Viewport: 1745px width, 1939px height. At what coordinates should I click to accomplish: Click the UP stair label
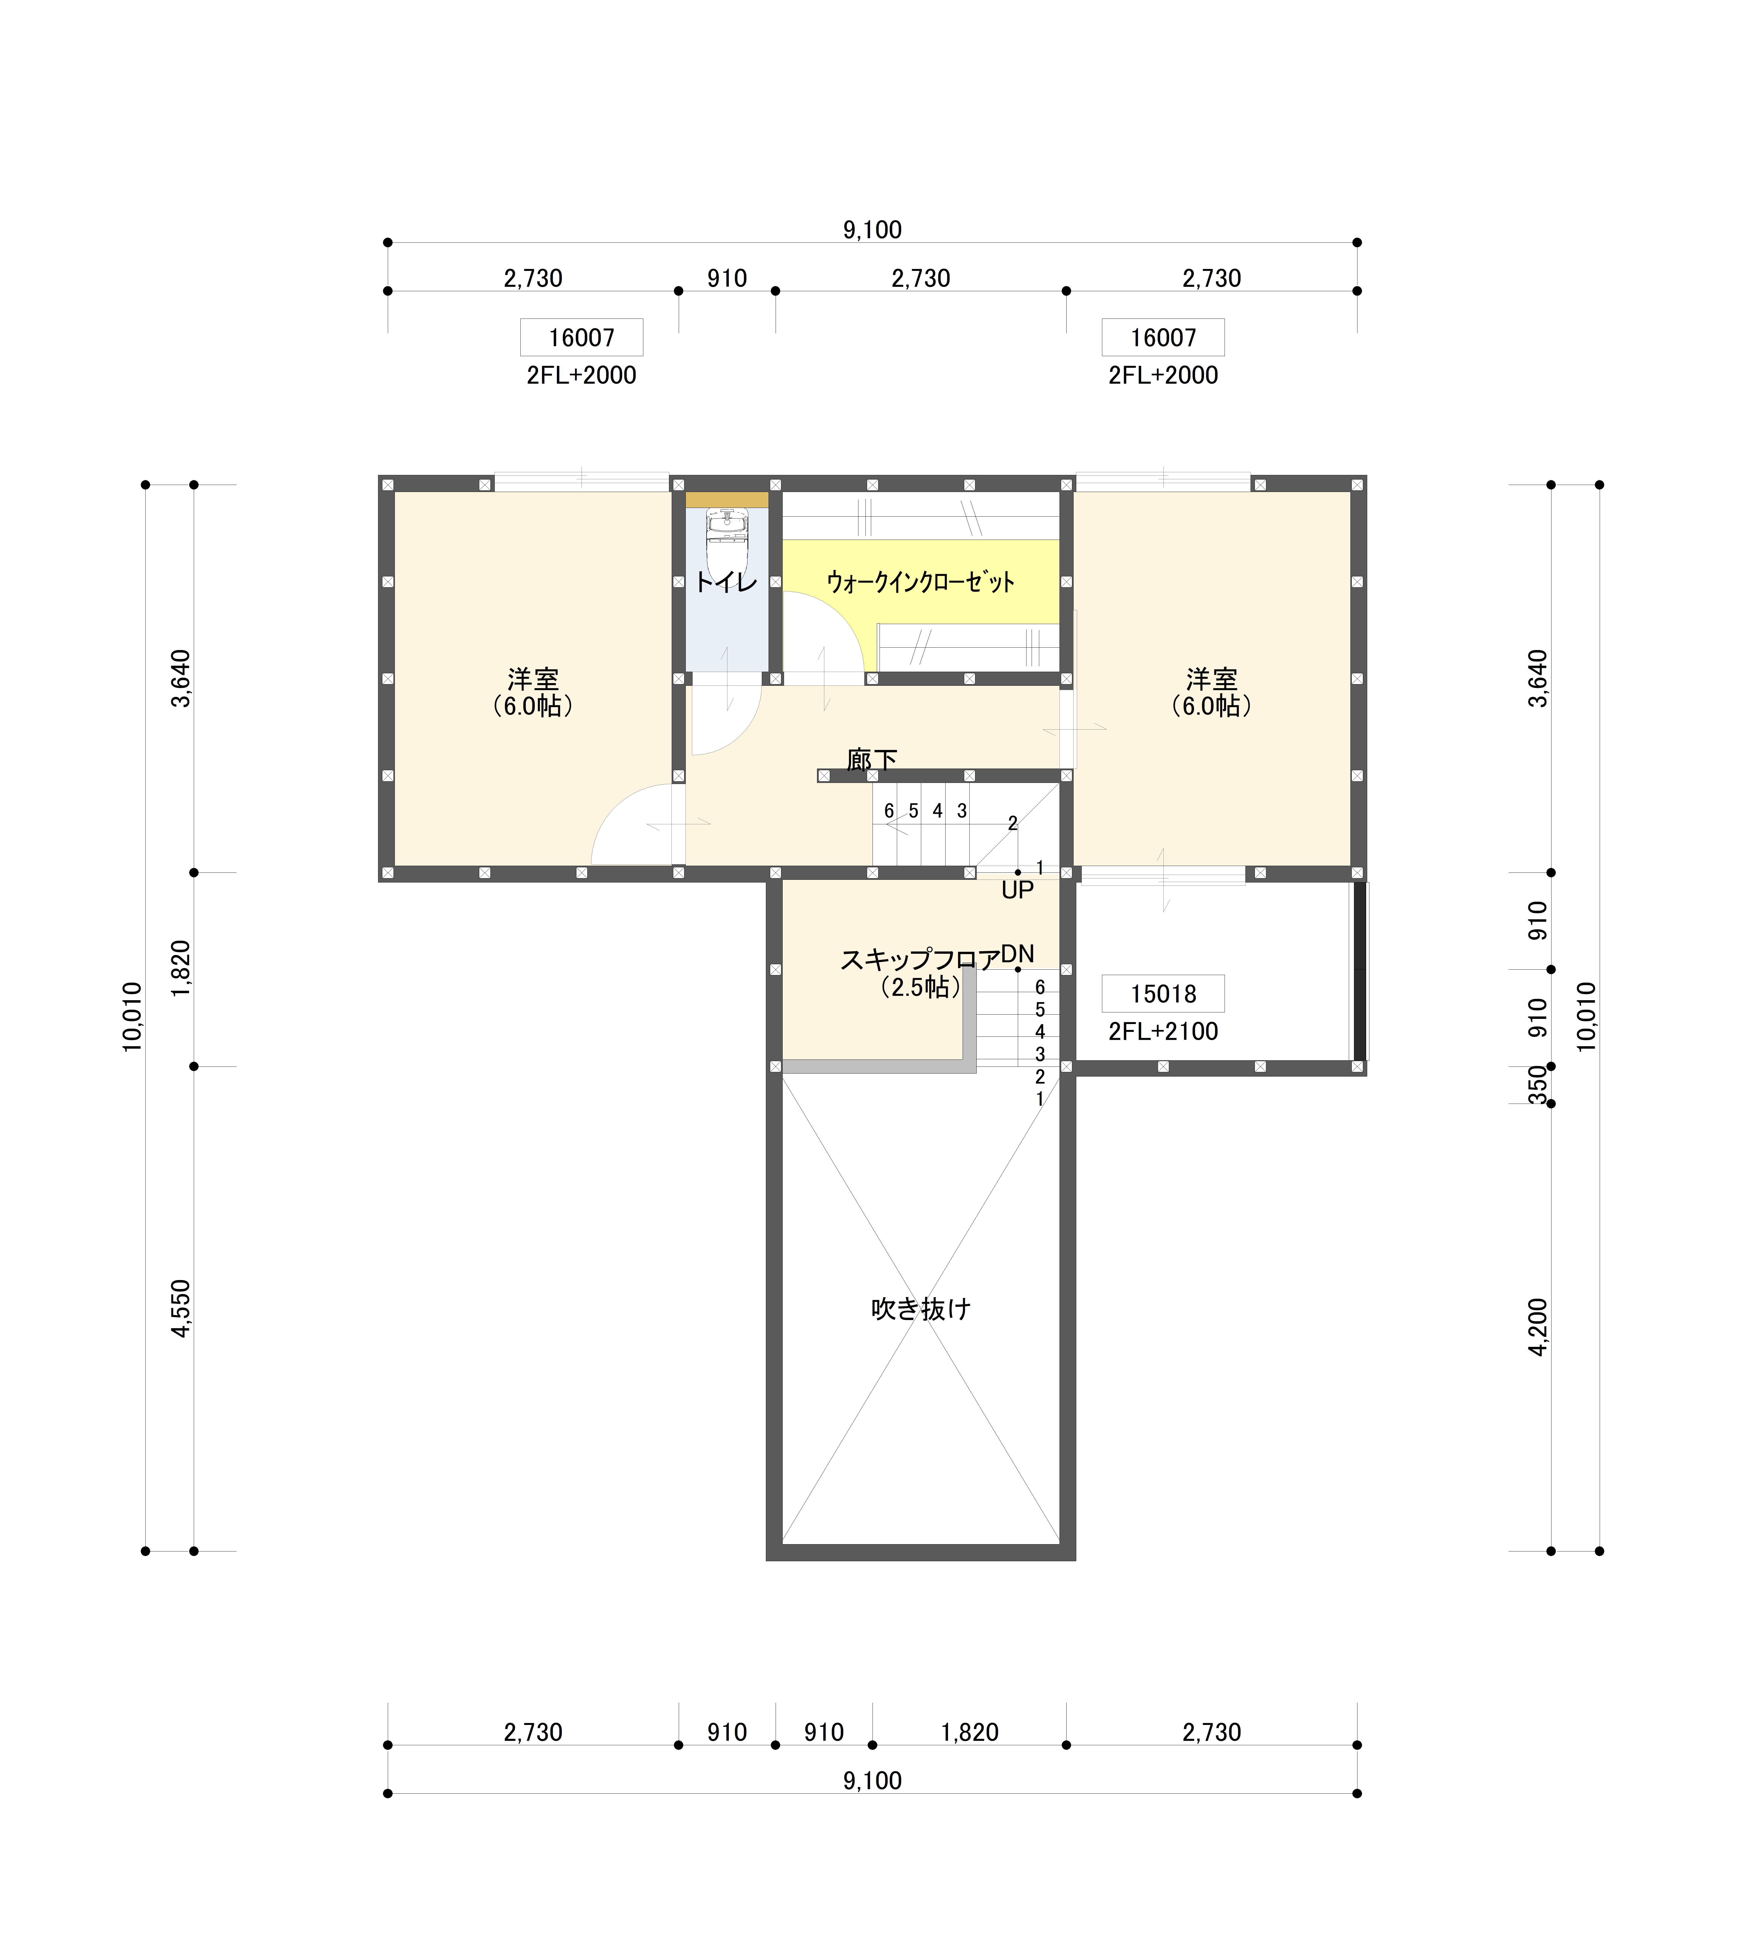[x=1017, y=890]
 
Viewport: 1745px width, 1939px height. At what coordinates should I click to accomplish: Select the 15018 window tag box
[x=1163, y=993]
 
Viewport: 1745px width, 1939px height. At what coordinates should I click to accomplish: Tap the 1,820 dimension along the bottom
[x=969, y=1732]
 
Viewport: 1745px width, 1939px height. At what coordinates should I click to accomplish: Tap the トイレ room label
[x=726, y=581]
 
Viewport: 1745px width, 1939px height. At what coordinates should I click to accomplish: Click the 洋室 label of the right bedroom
[x=1211, y=679]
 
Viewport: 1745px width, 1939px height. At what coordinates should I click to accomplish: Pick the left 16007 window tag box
[x=581, y=337]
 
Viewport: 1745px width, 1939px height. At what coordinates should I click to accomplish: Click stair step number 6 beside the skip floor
[x=1039, y=987]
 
